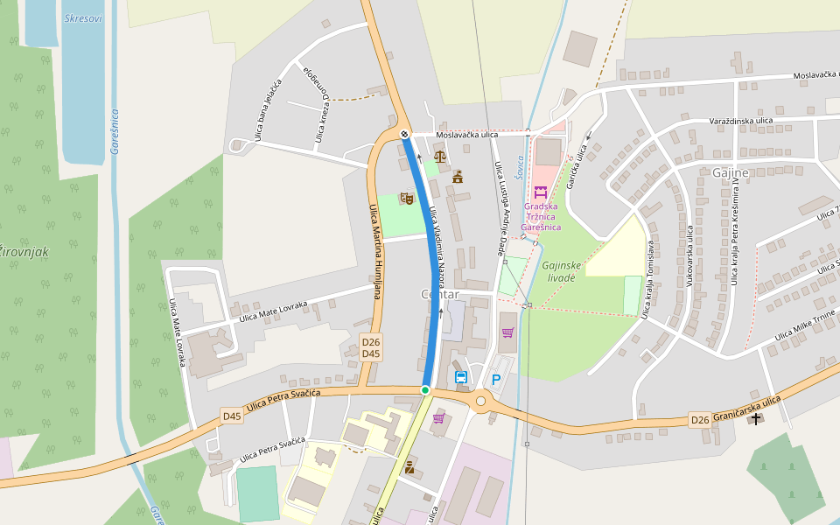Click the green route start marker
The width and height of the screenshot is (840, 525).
(425, 390)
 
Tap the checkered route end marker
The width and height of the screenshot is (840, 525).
(403, 134)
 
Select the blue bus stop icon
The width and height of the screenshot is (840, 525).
(461, 377)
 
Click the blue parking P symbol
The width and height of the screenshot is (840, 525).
(496, 380)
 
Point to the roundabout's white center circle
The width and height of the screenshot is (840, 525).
(480, 401)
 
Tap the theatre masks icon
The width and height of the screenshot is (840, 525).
(406, 199)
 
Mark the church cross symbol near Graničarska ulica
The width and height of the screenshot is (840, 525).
(755, 419)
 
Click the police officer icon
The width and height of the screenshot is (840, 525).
(409, 468)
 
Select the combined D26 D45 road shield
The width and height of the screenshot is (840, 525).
(371, 347)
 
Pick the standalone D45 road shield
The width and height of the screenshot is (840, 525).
(231, 416)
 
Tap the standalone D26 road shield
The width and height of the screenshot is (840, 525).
(700, 420)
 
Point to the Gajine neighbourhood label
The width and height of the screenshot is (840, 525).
(730, 172)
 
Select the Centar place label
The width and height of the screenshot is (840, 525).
(440, 295)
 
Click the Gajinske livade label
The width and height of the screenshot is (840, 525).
(561, 270)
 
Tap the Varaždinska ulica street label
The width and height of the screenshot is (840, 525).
(740, 120)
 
